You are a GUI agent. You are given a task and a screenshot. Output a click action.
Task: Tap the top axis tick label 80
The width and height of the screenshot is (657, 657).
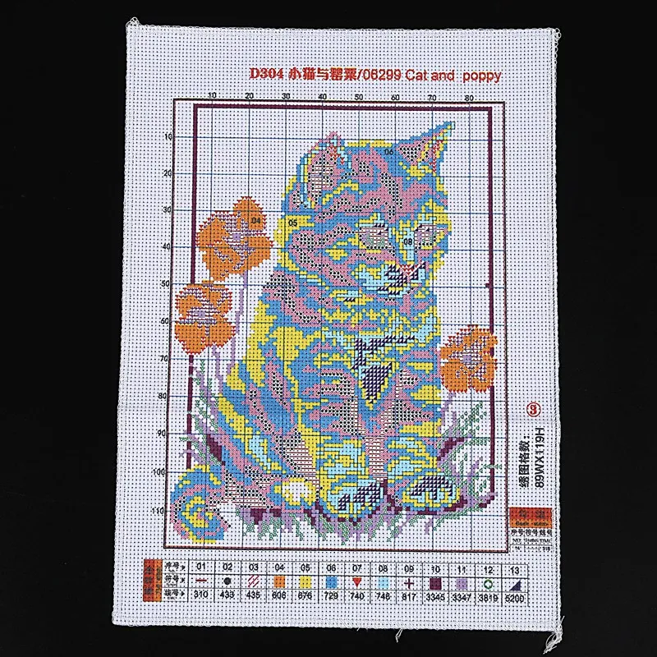[x=468, y=97]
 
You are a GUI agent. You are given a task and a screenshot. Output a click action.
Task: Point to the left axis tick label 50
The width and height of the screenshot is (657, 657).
[x=166, y=283]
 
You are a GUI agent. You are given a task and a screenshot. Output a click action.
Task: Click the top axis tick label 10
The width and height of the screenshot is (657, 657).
[x=212, y=97]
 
